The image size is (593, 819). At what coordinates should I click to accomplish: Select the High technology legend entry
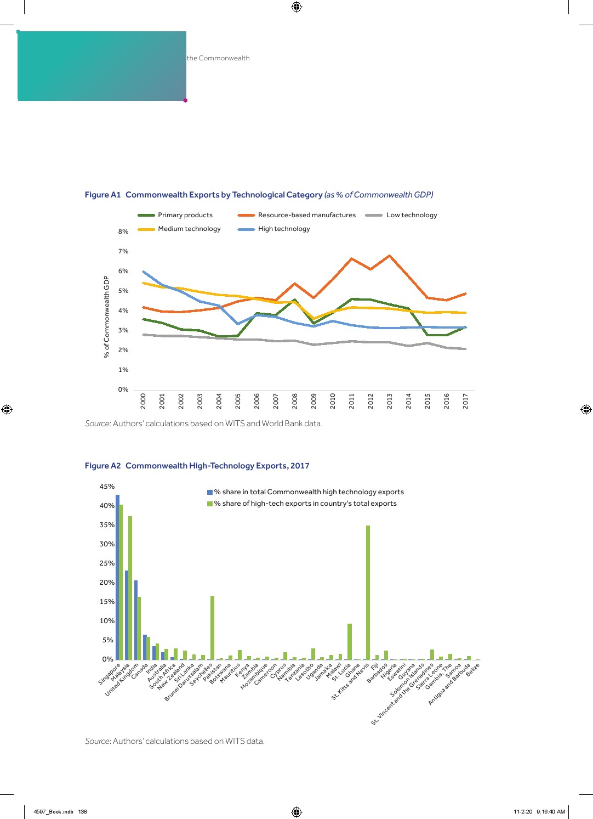(x=283, y=229)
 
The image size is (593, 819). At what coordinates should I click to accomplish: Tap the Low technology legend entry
(x=411, y=215)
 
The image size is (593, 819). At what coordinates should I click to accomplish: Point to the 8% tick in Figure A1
(x=123, y=231)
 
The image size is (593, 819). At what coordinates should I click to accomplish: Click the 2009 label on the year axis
(x=314, y=400)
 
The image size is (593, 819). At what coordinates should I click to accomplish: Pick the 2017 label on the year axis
(x=466, y=400)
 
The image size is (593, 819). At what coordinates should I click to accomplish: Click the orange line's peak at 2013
(x=389, y=256)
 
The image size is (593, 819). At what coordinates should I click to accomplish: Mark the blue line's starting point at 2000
(x=143, y=272)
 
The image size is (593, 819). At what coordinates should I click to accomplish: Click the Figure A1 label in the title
(x=102, y=195)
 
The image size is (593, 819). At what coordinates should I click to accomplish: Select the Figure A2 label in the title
(x=102, y=466)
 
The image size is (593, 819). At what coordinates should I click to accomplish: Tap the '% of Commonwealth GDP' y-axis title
(x=107, y=317)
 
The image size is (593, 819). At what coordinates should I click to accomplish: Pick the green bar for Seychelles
(x=212, y=628)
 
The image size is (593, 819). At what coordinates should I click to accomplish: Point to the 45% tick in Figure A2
(x=107, y=487)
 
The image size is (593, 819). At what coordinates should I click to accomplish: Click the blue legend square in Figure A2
(x=209, y=492)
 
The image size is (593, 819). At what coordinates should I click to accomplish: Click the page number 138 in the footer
(x=82, y=812)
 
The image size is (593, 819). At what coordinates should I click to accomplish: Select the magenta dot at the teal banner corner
(x=185, y=100)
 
